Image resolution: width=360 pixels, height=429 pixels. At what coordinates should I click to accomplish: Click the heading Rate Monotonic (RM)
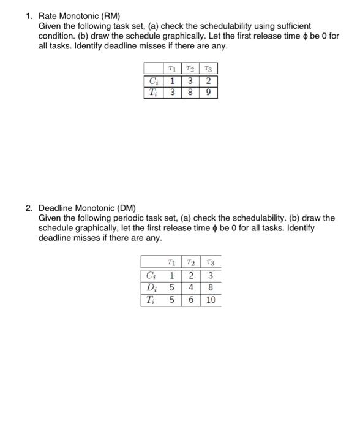point(79,15)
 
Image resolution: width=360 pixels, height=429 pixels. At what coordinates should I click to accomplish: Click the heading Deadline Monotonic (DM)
point(86,208)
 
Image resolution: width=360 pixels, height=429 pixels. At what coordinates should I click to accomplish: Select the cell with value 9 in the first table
point(209,93)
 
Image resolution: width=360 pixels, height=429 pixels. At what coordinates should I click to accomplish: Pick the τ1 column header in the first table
point(173,68)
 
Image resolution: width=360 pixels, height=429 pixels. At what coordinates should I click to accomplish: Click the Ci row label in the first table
point(153,80)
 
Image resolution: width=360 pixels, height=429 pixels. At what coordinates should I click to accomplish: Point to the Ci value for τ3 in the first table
point(209,80)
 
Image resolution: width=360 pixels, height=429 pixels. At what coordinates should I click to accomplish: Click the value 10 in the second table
point(210,300)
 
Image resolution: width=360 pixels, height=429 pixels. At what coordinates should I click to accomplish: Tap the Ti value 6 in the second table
point(191,300)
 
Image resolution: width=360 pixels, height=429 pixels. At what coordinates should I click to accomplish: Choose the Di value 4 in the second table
point(191,287)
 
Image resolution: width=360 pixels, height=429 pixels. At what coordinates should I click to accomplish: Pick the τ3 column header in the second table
point(210,263)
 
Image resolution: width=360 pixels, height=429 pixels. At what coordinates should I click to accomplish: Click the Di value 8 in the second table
point(210,287)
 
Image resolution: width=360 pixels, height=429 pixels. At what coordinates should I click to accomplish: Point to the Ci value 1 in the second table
point(173,275)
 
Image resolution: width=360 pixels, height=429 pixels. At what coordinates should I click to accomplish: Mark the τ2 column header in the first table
point(192,68)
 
